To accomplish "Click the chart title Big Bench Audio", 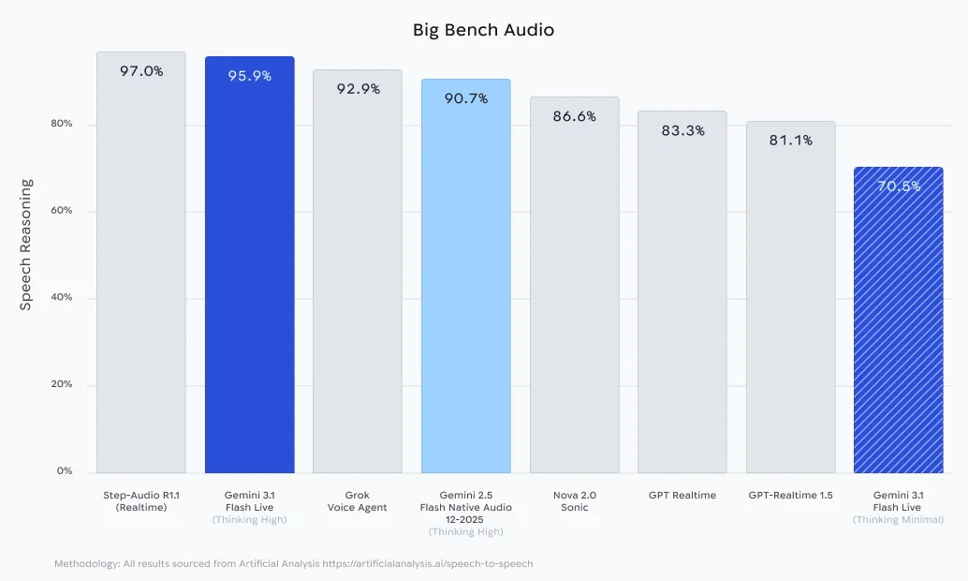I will [x=483, y=30].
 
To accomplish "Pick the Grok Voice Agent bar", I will [x=358, y=281].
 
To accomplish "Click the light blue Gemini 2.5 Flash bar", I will [x=466, y=281].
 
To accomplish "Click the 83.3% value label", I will [x=682, y=131].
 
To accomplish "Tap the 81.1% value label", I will [x=790, y=141].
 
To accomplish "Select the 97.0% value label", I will [x=141, y=71].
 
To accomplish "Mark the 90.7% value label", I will [x=466, y=98].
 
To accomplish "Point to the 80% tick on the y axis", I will [x=61, y=125].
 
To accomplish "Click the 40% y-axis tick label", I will [x=61, y=298].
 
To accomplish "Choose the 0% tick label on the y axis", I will [x=64, y=471].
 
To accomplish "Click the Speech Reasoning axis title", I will [x=26, y=245].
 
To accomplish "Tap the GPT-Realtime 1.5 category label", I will [x=790, y=495].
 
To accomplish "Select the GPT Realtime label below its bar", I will [x=682, y=495].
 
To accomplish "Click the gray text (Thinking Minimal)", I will [x=898, y=519].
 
